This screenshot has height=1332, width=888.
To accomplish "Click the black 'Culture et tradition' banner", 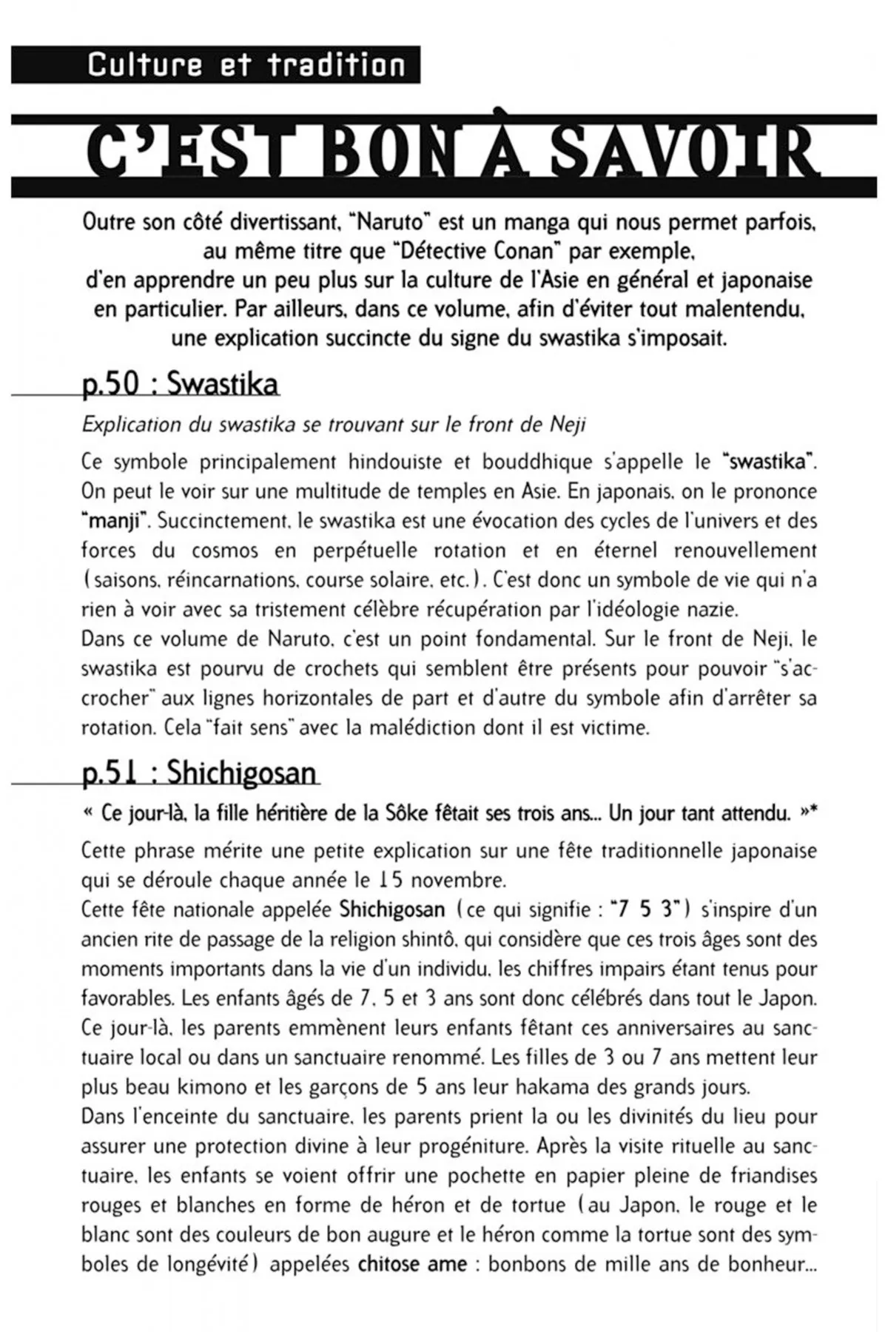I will [x=215, y=65].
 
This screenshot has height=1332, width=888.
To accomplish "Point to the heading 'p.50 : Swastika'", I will [x=181, y=383].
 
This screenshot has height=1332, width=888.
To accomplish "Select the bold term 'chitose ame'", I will [x=412, y=1263].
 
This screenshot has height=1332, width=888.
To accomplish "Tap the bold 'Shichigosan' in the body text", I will [x=392, y=909].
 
